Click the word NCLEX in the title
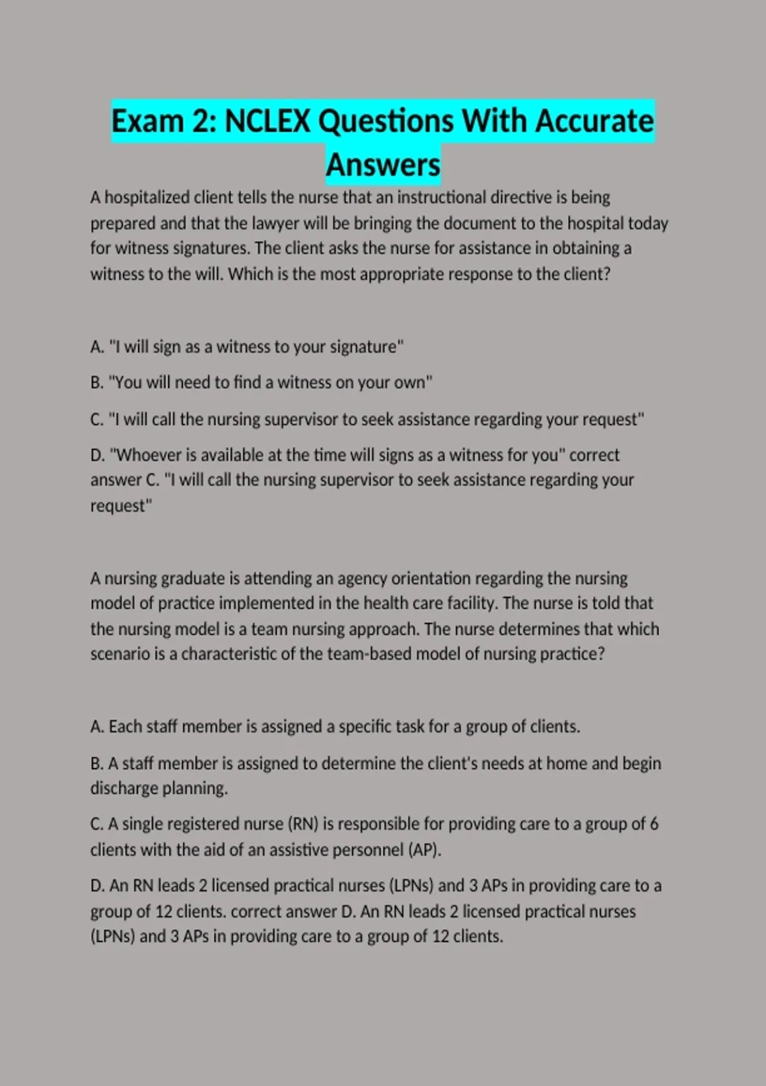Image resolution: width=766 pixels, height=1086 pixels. (x=267, y=121)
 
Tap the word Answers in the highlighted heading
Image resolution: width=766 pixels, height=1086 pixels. (x=383, y=165)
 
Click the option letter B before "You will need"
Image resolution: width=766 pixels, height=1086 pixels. (x=96, y=383)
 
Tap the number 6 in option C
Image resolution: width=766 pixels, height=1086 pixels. (x=654, y=824)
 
